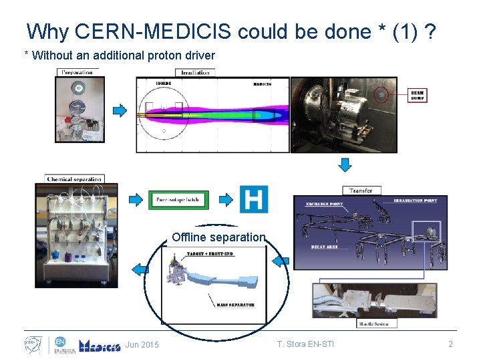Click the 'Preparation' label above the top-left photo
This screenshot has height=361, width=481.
click(x=77, y=72)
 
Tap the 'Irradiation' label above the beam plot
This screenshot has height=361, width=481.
click(x=195, y=72)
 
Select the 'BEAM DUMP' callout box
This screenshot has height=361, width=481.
click(x=417, y=96)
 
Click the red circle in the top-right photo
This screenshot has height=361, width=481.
click(x=381, y=95)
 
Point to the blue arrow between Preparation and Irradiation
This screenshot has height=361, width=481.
click(x=120, y=110)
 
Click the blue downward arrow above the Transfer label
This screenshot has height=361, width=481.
click(x=345, y=164)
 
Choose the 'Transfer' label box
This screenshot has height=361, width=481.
click(x=361, y=191)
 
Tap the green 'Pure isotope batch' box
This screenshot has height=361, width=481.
click(x=178, y=199)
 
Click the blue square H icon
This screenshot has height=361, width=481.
click(x=253, y=199)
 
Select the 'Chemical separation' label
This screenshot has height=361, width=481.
click(x=74, y=179)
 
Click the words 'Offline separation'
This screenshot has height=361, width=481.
click(x=218, y=237)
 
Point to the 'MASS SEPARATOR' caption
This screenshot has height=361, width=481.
click(x=234, y=305)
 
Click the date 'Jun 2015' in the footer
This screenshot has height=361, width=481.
click(x=142, y=345)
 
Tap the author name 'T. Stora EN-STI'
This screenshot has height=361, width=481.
click(x=305, y=345)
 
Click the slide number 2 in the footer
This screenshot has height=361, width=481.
click(x=450, y=345)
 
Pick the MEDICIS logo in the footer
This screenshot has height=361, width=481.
click(x=99, y=345)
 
